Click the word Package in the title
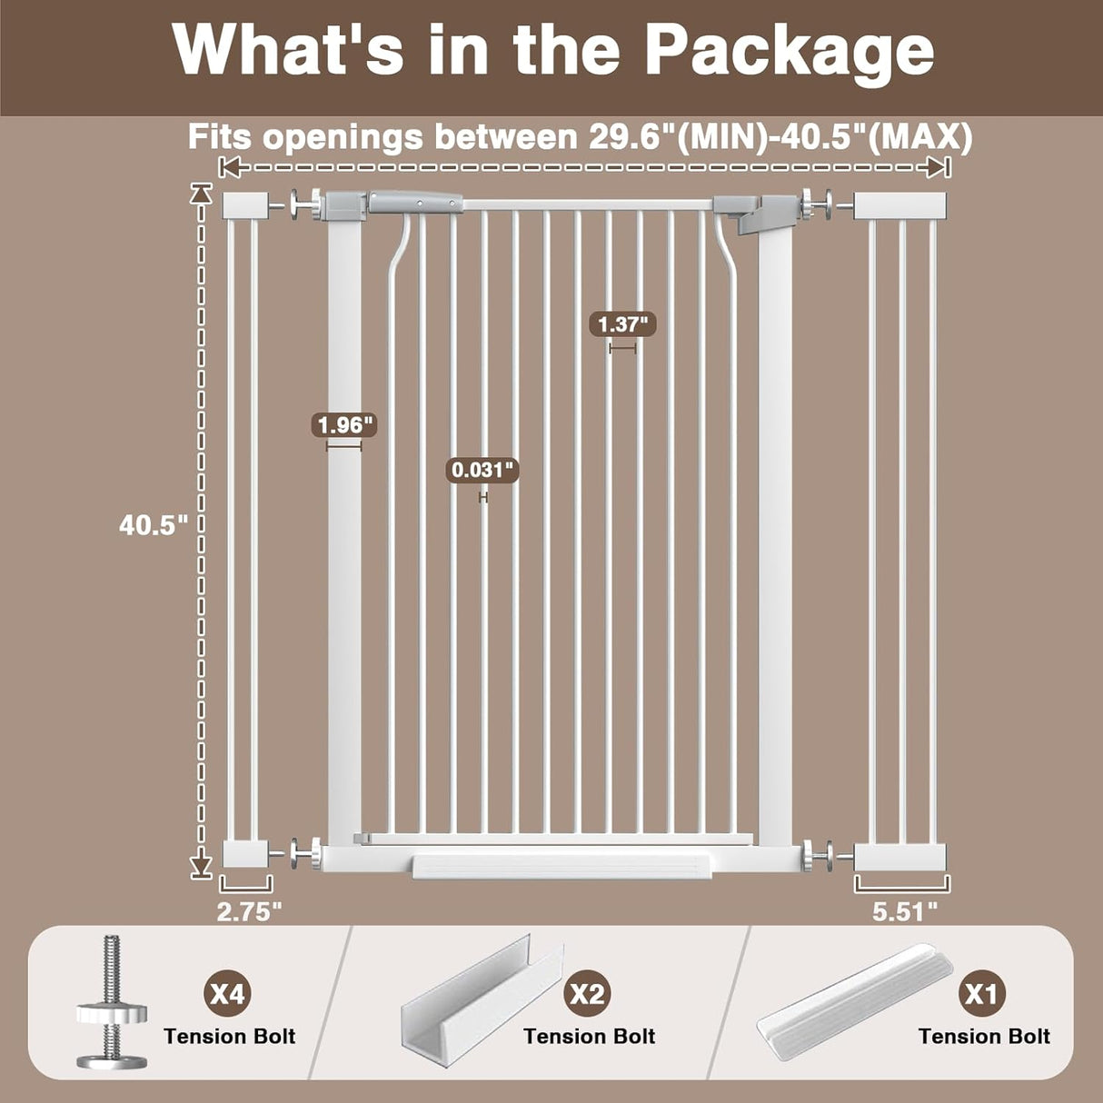point(790,50)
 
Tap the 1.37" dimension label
point(623,323)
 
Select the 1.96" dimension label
point(344,424)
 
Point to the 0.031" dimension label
point(483,470)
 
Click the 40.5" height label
point(153,524)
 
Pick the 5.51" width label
point(905,911)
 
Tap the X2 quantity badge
point(586,993)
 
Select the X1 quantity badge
point(981,993)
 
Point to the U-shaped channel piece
point(482,999)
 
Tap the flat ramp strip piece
point(854,999)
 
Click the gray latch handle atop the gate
point(413,202)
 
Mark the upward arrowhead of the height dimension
point(201,193)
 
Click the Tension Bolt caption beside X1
point(984,1037)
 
